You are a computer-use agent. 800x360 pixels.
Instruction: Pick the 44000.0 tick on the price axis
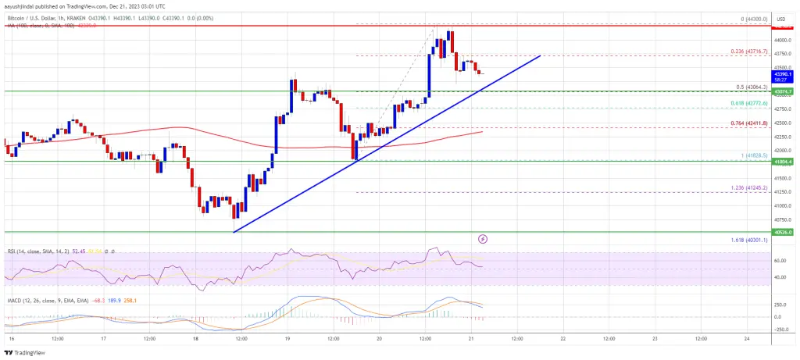click(783, 40)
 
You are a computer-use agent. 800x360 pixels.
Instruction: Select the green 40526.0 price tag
click(783, 233)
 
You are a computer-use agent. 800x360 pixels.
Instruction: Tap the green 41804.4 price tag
click(783, 162)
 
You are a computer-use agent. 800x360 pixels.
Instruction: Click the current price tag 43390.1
click(783, 73)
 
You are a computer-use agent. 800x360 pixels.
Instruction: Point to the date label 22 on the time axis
click(562, 339)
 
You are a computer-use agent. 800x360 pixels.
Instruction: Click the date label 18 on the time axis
click(194, 339)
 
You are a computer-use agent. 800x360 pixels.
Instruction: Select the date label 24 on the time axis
click(747, 339)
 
